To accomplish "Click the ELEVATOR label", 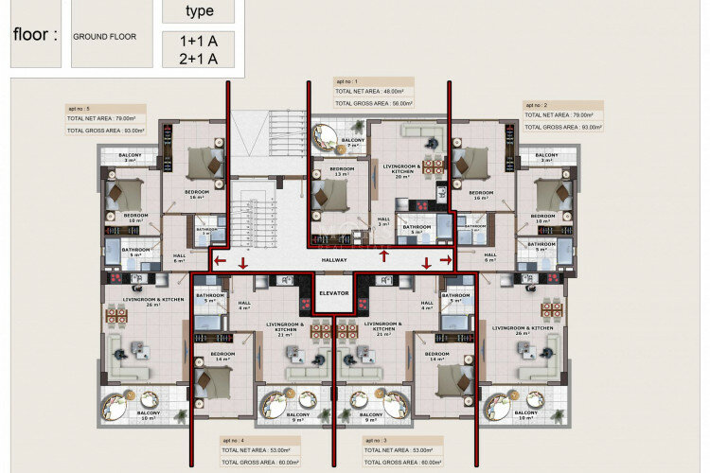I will tap(333, 293).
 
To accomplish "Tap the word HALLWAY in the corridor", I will tap(334, 260).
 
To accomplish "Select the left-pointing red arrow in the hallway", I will tap(219, 260).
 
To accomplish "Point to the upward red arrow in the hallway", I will tap(382, 258).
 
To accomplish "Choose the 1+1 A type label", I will tap(198, 41).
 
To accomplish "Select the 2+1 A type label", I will tap(198, 59).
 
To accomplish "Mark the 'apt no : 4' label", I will tap(234, 441).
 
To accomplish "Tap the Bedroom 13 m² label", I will tap(341, 171).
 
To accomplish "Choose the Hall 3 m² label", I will tap(383, 220).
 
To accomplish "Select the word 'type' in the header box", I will tap(199, 11).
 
